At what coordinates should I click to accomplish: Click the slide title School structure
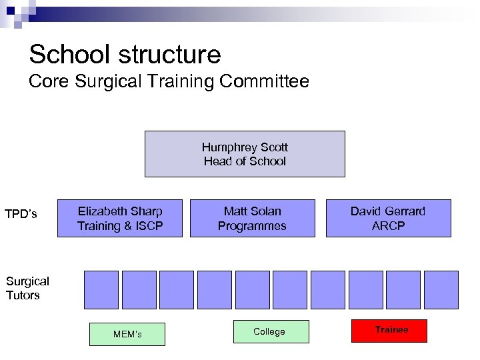point(125,53)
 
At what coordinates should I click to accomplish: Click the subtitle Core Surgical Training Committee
point(169,82)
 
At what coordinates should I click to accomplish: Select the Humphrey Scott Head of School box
point(245,154)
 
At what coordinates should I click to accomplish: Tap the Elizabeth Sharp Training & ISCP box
point(120,218)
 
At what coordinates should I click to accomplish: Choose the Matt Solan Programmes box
point(252,218)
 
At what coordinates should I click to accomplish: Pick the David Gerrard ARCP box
point(388,218)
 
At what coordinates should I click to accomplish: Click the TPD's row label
point(21,215)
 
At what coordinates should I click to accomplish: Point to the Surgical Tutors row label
point(27,288)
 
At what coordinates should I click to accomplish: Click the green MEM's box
point(127,334)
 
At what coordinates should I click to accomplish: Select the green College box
point(271,331)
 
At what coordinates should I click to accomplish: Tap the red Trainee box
point(391,330)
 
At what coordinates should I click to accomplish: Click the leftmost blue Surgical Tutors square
point(101,290)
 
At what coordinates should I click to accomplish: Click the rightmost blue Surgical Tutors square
point(441,290)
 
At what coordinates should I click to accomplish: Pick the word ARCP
point(388,226)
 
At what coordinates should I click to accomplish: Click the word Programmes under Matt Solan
point(252,226)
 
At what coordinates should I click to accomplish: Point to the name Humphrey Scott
point(245,147)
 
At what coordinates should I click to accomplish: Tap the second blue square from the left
point(139,290)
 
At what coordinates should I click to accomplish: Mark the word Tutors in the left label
point(23,295)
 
